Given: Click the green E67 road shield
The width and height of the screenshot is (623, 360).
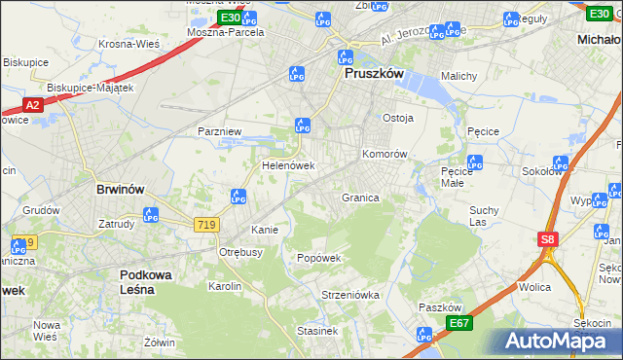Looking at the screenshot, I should pos(459,323).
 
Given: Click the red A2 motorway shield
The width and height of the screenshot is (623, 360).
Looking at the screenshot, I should pos(32,105).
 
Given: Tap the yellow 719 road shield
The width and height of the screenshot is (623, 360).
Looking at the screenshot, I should pos(205,225).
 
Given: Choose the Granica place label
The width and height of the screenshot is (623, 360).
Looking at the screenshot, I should pos(359,198).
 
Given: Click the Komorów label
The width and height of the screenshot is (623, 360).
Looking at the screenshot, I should pos(384,154).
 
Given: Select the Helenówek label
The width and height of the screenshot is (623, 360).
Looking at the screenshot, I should pos(288,166).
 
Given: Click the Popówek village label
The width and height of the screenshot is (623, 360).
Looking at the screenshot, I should pos(319,259).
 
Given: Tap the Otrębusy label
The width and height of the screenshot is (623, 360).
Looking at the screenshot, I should pos(240,252).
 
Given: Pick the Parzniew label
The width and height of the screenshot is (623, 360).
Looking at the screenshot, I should pos(219,130).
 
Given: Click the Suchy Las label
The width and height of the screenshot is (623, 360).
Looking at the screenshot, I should pos(484,216).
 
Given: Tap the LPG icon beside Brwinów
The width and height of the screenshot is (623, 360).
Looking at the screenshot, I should pos(150,215).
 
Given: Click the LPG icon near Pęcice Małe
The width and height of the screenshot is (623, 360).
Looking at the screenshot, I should pos(474,163).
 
